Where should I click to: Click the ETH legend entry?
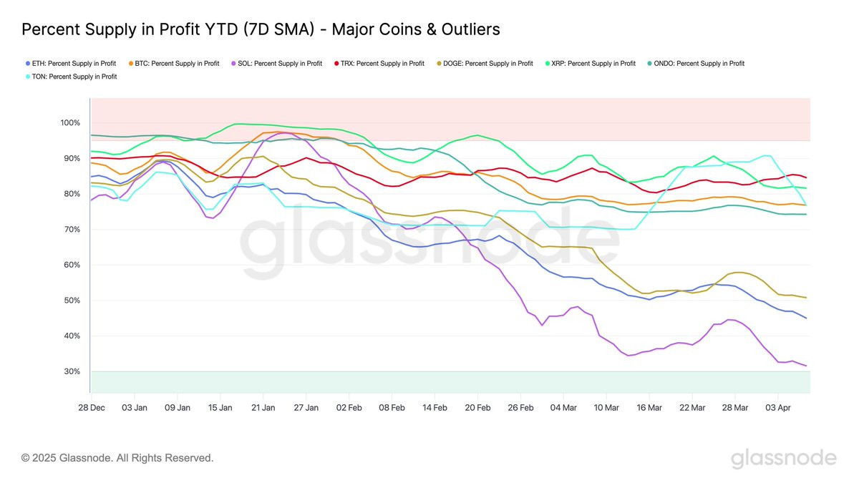(x=69, y=64)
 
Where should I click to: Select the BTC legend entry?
(x=174, y=64)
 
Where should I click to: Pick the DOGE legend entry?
(x=487, y=64)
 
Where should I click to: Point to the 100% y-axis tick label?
(x=71, y=123)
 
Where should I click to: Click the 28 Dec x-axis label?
(x=92, y=407)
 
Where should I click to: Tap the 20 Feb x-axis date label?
(x=477, y=407)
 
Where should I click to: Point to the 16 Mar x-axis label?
(x=649, y=407)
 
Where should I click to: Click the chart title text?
(x=261, y=29)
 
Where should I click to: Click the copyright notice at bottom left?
(x=117, y=458)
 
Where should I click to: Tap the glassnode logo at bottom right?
(x=783, y=458)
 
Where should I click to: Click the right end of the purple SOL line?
(x=807, y=366)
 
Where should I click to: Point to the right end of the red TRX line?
(x=807, y=177)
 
